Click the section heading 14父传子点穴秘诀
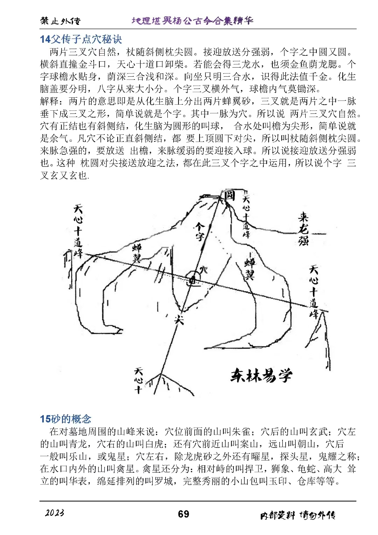pos(81,39)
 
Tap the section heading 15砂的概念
pos(65,419)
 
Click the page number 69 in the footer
pos(183,514)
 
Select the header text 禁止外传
pos(60,21)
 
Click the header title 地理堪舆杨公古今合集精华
pos(192,21)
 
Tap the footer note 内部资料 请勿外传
pos(297,515)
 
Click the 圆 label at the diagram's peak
pos(229,195)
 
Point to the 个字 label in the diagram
pos(199,231)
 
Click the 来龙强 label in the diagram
pos(303,229)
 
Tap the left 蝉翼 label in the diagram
pos(136,253)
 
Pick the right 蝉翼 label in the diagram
pos(250,269)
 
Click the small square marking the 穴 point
pos(192,280)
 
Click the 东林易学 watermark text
pos(261,376)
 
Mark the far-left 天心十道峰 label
pos(78,231)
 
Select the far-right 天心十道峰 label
pos(314,292)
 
